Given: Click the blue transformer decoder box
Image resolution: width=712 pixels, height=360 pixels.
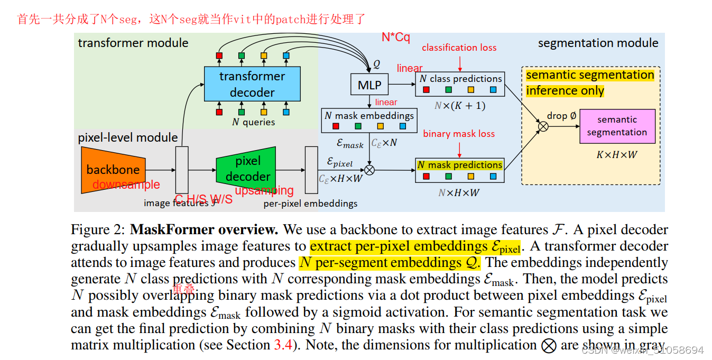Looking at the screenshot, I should tap(252, 84).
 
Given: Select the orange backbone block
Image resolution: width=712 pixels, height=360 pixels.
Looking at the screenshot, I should tap(113, 170).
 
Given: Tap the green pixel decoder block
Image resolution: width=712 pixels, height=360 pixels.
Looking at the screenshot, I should tap(246, 169).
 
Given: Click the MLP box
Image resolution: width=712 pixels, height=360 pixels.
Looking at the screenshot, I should tap(369, 84).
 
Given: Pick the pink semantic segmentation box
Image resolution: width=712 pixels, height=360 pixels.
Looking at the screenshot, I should tap(617, 126).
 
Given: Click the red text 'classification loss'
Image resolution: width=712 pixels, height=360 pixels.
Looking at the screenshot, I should tap(459, 48).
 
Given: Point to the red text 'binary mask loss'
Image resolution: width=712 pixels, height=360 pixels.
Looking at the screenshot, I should tap(459, 134).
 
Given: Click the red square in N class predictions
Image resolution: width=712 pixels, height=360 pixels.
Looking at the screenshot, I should tap(427, 90).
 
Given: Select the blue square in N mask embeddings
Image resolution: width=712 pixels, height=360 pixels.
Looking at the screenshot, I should tap(402, 126).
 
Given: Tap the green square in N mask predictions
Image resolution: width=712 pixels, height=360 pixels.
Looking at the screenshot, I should tap(448, 177).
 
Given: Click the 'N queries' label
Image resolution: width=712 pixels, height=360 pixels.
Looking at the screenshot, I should tap(253, 122).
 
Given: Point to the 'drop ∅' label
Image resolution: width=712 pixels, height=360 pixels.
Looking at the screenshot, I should tap(561, 116).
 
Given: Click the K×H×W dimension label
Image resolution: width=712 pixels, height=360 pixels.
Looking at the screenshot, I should tap(617, 155).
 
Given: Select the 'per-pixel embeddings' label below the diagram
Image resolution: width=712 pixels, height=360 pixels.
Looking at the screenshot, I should tap(310, 204).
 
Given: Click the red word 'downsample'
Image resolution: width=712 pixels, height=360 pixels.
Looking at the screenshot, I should tap(126, 184).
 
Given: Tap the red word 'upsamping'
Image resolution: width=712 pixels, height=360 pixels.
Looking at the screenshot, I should tap(264, 190).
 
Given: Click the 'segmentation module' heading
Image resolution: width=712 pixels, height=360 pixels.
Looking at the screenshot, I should tap(598, 43).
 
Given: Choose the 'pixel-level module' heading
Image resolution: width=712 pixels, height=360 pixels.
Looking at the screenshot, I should tap(128, 137).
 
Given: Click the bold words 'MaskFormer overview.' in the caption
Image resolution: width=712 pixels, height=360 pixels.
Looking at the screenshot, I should tap(204, 230).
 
